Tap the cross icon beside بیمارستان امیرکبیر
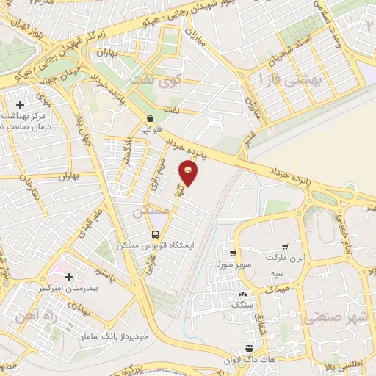click(69, 277)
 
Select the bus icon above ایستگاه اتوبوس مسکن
click(153, 234)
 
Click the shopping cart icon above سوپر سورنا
click(233, 252)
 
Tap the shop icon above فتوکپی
click(150, 119)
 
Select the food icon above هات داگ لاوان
click(250, 347)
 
